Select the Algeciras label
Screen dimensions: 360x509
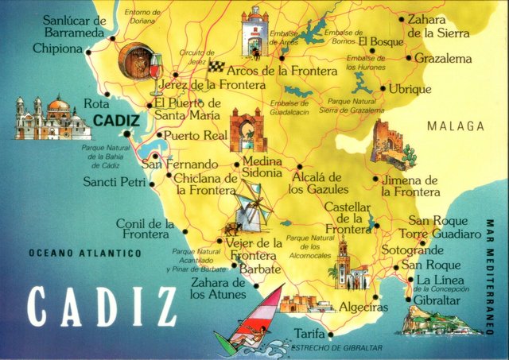[363, 308]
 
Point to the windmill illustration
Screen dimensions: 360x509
[253, 207]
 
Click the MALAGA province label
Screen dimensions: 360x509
[455, 126]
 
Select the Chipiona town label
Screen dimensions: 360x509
[57, 49]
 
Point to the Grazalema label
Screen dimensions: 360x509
[443, 59]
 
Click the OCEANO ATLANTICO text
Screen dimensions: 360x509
[84, 254]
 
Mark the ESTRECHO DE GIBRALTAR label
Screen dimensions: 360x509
[337, 349]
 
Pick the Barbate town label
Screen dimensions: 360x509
[259, 269]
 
